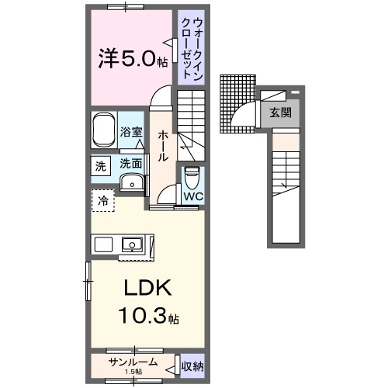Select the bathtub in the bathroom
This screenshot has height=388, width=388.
(104, 132)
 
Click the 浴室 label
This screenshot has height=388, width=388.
(131, 133)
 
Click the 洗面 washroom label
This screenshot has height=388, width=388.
(130, 164)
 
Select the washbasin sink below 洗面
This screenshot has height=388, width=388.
(133, 183)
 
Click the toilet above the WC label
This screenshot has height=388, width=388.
(192, 177)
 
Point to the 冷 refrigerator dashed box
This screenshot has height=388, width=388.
(103, 200)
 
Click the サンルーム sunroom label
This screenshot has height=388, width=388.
(134, 362)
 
